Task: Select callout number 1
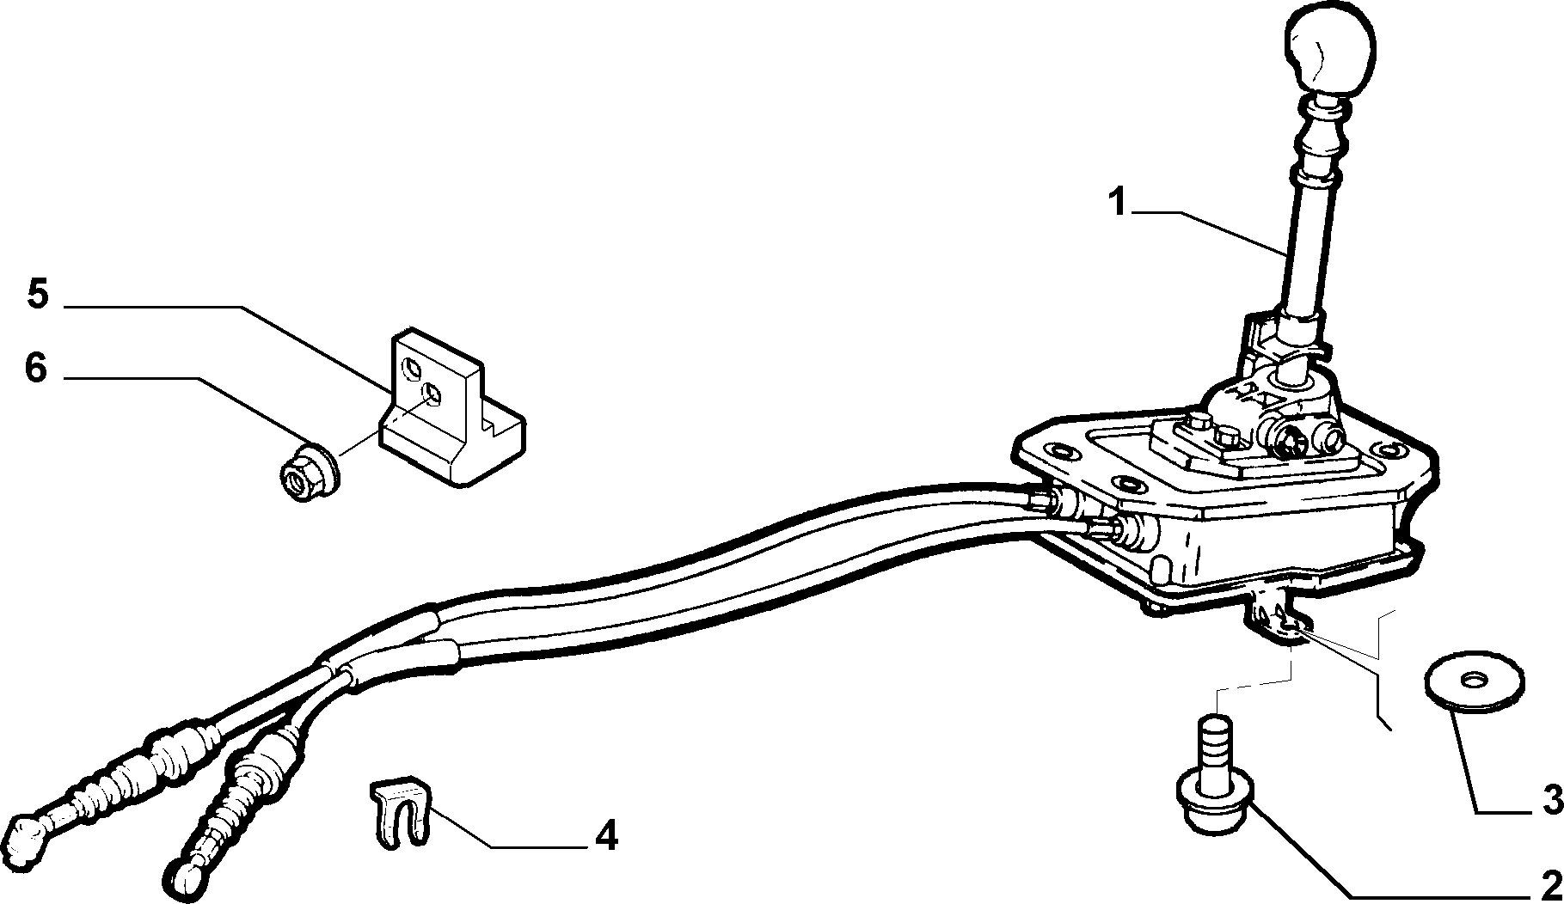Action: pyautogui.click(x=1117, y=205)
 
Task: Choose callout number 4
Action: pyautogui.click(x=606, y=834)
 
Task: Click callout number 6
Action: pyautogui.click(x=35, y=369)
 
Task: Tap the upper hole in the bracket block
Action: pyautogui.click(x=414, y=370)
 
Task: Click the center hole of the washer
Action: pyautogui.click(x=1474, y=680)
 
